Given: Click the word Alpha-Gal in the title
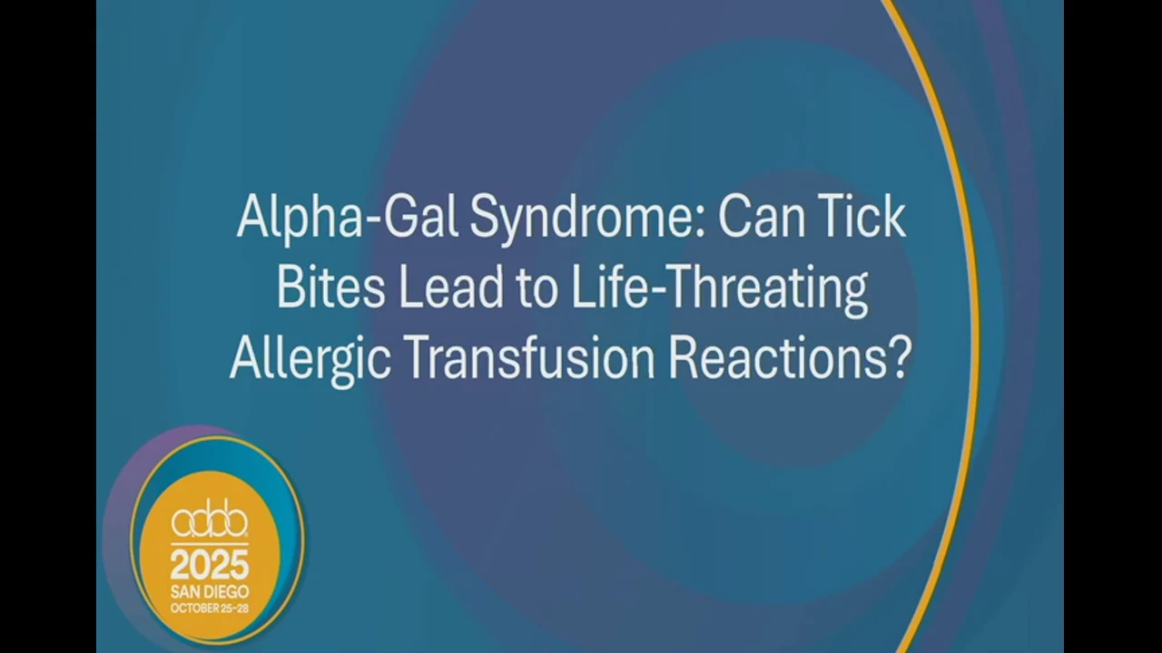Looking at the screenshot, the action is coord(346,219).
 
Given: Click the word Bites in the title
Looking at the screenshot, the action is coord(330,288).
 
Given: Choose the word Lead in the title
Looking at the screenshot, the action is coord(450,288).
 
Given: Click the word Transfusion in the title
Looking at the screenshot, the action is coord(532,358).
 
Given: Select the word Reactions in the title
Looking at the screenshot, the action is coord(775,358).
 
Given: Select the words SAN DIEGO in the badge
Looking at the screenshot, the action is coord(210,592).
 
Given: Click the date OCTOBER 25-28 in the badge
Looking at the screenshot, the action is coord(210,608).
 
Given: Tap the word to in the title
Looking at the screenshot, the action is coord(537,289).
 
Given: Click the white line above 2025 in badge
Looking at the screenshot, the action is coord(210,543).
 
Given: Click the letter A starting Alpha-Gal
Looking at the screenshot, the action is coord(255,216).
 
